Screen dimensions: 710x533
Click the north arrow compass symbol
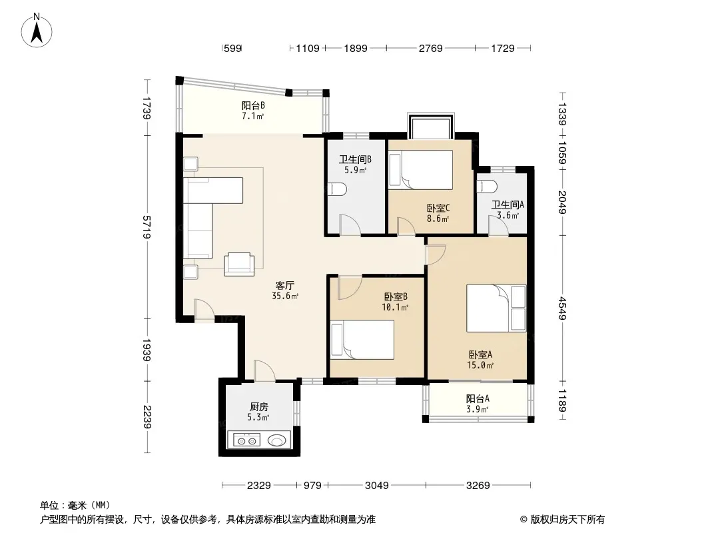point(37,31)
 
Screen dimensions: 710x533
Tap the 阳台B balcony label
point(253,105)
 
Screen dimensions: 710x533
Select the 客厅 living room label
point(285,285)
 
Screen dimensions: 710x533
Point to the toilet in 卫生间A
point(488,186)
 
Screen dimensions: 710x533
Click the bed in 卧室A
point(496,308)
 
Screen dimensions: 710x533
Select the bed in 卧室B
point(362,340)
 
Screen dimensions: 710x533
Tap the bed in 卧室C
point(421,170)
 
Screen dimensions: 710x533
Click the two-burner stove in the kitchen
point(247,440)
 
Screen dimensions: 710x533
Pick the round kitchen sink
point(278,440)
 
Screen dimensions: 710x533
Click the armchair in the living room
point(239,264)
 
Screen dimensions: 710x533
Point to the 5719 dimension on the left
point(147,227)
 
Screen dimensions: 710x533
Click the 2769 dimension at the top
point(431,48)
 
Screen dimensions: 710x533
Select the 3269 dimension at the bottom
point(478,486)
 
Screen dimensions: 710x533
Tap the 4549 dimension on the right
point(562,308)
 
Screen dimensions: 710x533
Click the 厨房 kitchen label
point(258,406)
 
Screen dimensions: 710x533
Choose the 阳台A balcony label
point(478,398)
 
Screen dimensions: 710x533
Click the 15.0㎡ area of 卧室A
point(480,365)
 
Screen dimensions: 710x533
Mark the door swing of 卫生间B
point(350,225)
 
